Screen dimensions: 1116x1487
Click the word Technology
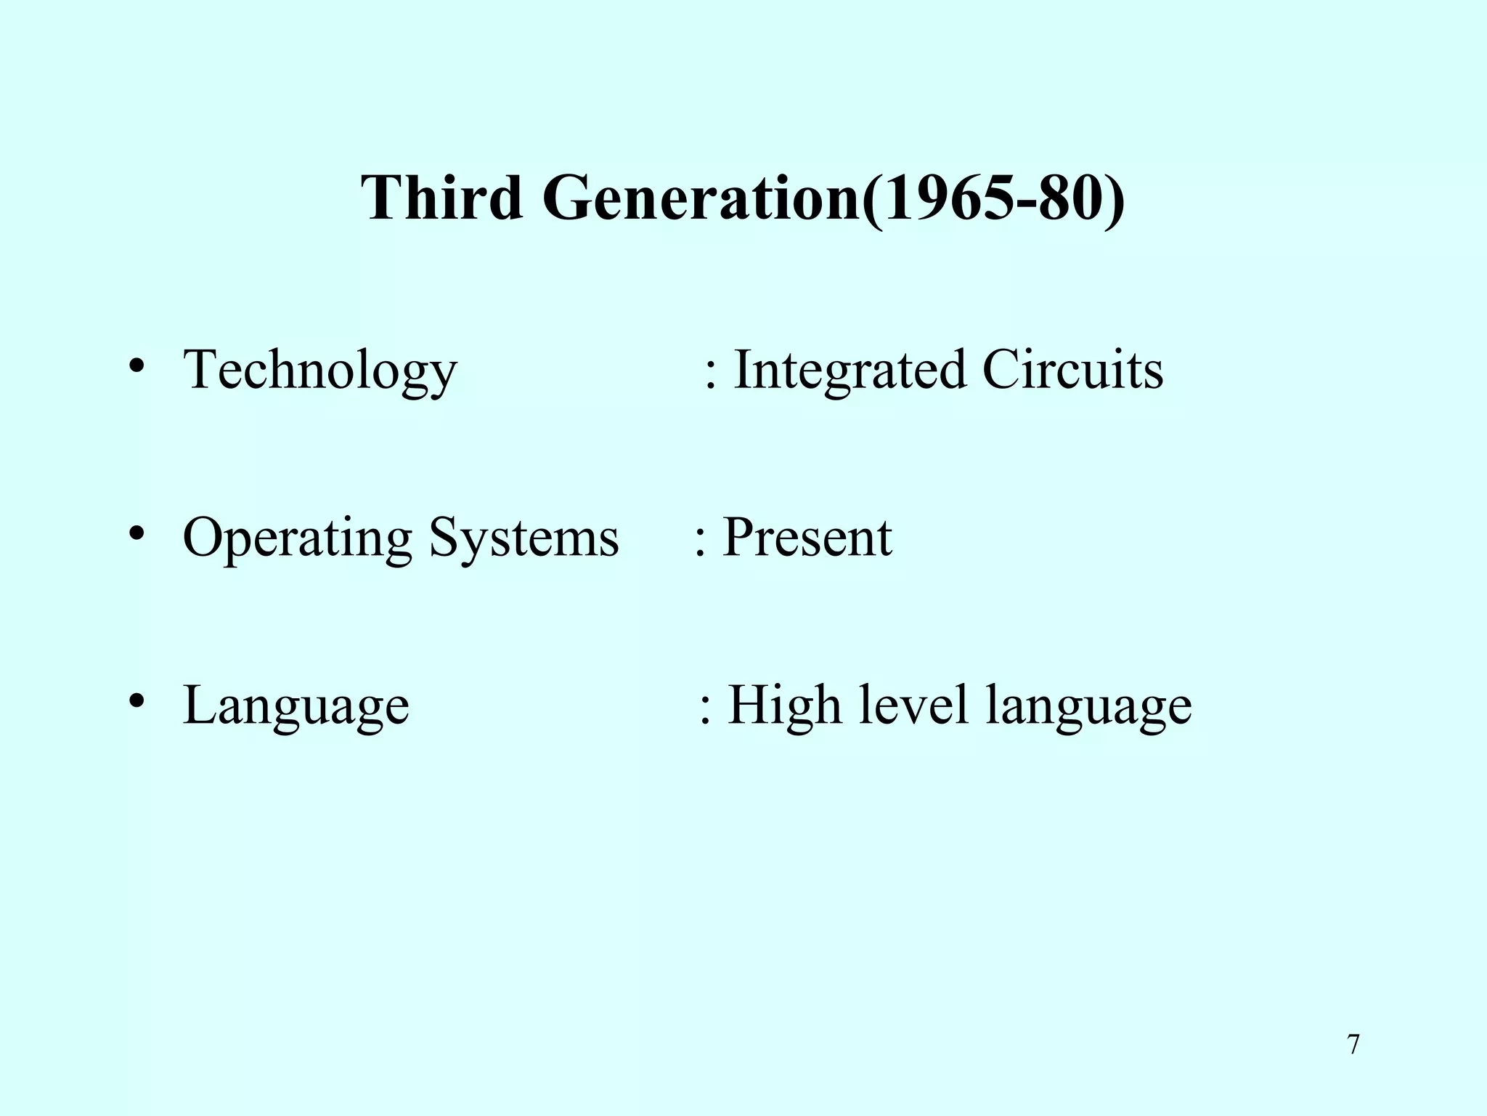[320, 371]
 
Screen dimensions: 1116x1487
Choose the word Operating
[297, 538]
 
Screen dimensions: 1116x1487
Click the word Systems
[523, 538]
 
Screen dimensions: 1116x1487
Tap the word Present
[807, 537]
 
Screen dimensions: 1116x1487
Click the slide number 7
[1353, 1045]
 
